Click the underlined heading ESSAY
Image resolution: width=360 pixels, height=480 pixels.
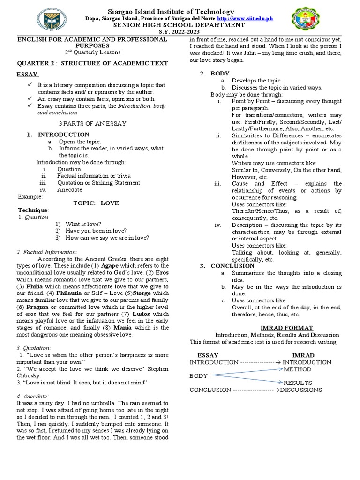point(28,75)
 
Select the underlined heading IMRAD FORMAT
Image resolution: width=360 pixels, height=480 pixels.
point(266,328)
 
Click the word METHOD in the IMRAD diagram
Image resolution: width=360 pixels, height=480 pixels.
point(297,369)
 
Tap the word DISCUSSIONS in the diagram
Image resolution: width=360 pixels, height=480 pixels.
point(301,390)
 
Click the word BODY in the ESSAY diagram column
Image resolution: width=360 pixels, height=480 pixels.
point(198,376)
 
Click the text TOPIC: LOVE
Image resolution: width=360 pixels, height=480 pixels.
point(97,203)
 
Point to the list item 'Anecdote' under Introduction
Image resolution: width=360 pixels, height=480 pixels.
point(69,190)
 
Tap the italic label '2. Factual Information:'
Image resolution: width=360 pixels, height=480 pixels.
point(46,252)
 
